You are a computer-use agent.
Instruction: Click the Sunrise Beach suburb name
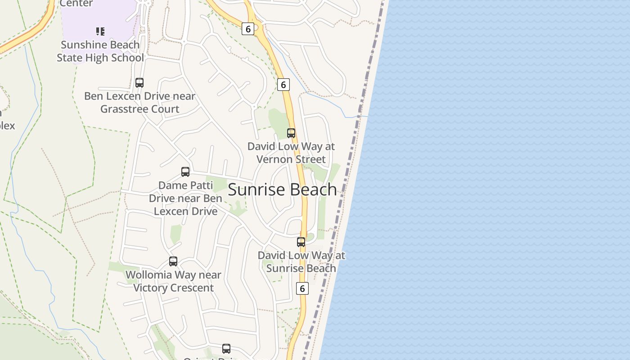(x=282, y=189)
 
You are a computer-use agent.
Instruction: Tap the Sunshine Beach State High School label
(x=100, y=51)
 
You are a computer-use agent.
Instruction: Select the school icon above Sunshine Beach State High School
(x=100, y=31)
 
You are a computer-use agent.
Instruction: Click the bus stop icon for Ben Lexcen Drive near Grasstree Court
(x=139, y=83)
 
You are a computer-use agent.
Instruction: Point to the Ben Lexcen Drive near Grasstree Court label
(x=139, y=103)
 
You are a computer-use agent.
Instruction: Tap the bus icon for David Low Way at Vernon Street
(x=291, y=133)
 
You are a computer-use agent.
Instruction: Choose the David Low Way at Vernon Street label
(x=291, y=153)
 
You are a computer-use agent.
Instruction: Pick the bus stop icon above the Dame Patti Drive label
(x=185, y=172)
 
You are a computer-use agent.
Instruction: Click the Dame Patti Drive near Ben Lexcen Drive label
(x=185, y=198)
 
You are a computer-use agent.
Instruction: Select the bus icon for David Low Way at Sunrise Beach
(x=301, y=242)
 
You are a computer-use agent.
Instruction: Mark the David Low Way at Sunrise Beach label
(x=301, y=262)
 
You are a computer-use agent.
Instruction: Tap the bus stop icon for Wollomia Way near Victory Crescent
(x=173, y=261)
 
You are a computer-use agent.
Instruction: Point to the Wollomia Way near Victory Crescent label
(x=173, y=281)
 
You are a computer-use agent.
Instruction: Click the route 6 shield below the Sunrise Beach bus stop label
(x=302, y=288)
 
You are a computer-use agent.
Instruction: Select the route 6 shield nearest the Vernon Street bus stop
(x=283, y=85)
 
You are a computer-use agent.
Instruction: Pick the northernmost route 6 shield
(x=248, y=29)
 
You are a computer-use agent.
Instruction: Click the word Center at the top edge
(x=76, y=4)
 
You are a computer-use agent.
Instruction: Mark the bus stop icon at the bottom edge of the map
(x=226, y=349)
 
